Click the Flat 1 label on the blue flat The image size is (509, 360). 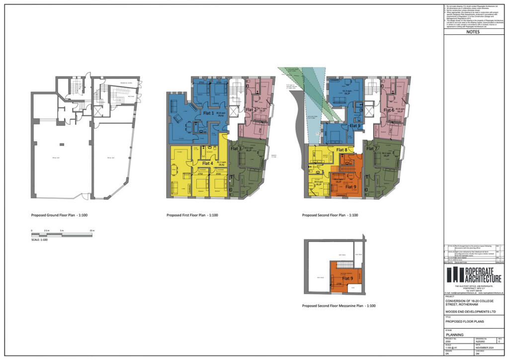coord(207,113)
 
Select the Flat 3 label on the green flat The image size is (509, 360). coord(236,149)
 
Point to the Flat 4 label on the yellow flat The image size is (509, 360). coord(208,163)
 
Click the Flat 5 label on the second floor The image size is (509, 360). coord(355,126)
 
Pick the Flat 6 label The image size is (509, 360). coord(389,109)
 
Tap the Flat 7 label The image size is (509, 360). coord(372,149)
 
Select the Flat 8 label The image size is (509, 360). coord(342,149)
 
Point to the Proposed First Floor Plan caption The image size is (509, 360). coord(192,216)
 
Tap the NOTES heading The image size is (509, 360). coord(473,31)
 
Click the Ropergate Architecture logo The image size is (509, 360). coord(474,274)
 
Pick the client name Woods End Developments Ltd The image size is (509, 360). coord(470,311)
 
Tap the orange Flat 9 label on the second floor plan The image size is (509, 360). coord(351,187)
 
